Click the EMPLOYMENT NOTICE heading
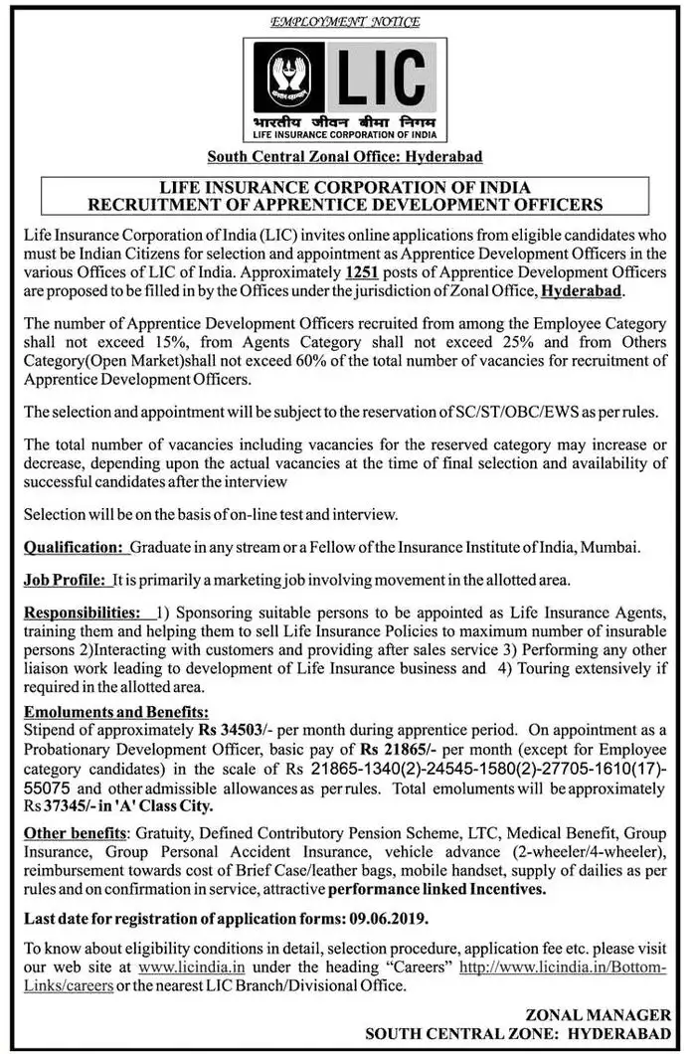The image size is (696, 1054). coord(346,21)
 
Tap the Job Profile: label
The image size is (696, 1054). coord(65,579)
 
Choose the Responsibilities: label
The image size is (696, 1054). coord(82,610)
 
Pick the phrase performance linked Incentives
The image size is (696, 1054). coord(436,890)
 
